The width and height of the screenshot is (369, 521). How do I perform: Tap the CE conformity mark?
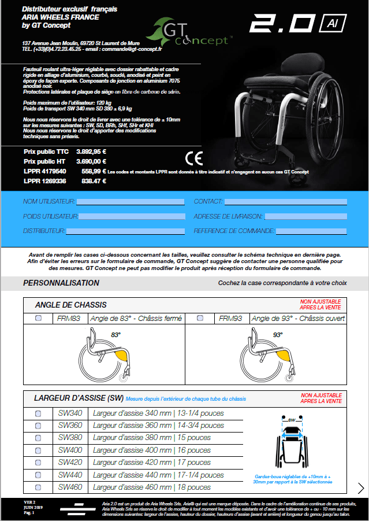point(194,158)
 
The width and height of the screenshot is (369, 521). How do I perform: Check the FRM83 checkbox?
point(39,319)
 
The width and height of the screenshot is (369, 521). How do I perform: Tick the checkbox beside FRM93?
point(200,319)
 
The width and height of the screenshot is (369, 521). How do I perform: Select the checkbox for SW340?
point(39,413)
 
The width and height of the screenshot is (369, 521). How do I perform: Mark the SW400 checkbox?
point(39,450)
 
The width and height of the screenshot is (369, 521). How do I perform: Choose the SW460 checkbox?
point(39,487)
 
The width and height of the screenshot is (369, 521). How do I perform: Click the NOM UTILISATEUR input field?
point(131,202)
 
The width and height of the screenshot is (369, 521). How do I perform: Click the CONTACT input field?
point(285,202)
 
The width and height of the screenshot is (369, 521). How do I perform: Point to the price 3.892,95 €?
point(92,152)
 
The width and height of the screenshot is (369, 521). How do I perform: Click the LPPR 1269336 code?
point(44,181)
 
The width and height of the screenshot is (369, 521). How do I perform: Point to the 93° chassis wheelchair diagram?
point(266,354)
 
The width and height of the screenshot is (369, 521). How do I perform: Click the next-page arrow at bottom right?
point(361,489)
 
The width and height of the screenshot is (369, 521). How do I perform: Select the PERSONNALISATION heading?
point(61,283)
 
